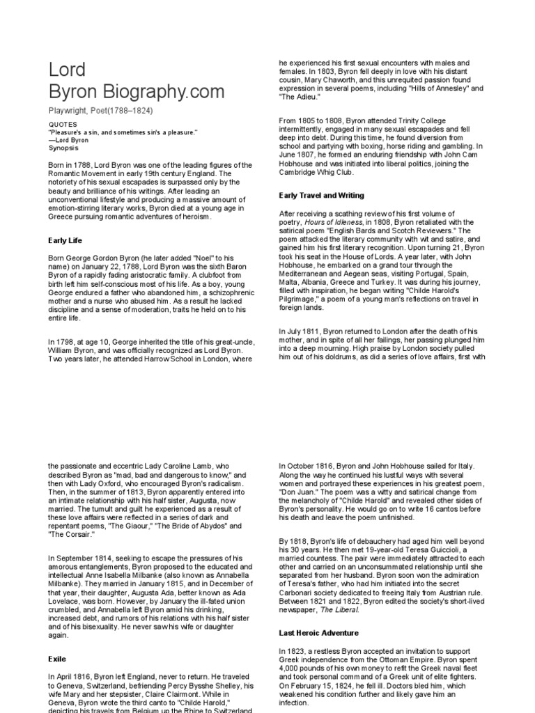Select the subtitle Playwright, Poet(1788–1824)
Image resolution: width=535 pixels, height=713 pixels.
(x=100, y=111)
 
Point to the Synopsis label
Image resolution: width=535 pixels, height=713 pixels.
(x=63, y=148)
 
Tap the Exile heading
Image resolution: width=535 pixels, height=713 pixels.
(x=57, y=657)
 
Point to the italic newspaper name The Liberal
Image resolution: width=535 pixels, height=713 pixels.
(x=343, y=609)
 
